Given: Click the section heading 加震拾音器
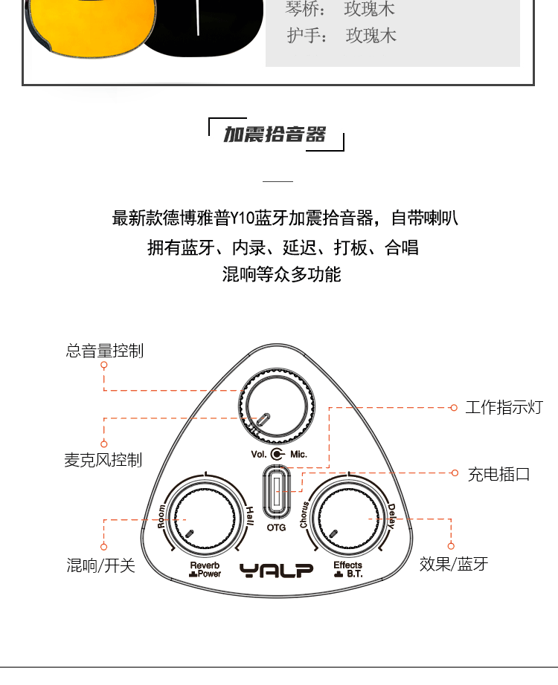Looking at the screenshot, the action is pyautogui.click(x=275, y=134).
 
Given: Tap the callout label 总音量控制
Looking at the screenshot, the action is pyautogui.click(x=105, y=351).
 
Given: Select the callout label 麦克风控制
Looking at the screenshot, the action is pyautogui.click(x=103, y=460).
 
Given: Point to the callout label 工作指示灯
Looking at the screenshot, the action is pyautogui.click(x=504, y=407).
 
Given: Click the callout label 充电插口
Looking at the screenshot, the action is pyautogui.click(x=499, y=474).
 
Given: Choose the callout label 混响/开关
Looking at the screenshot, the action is pyautogui.click(x=100, y=565).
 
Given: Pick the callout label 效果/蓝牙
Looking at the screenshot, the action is pyautogui.click(x=454, y=564).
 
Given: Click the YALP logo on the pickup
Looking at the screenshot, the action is pyautogui.click(x=277, y=570).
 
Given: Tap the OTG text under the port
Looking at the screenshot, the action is pyautogui.click(x=276, y=527).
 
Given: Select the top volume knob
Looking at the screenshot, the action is pyautogui.click(x=277, y=406).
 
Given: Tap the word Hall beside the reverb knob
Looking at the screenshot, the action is pyautogui.click(x=249, y=516).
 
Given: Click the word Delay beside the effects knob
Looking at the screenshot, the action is pyautogui.click(x=391, y=516).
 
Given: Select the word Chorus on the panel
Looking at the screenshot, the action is pyautogui.click(x=304, y=515).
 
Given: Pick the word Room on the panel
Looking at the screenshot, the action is pyautogui.click(x=161, y=516).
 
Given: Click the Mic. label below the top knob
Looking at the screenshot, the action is pyautogui.click(x=298, y=455).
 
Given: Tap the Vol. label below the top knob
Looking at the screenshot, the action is pyautogui.click(x=259, y=455).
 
